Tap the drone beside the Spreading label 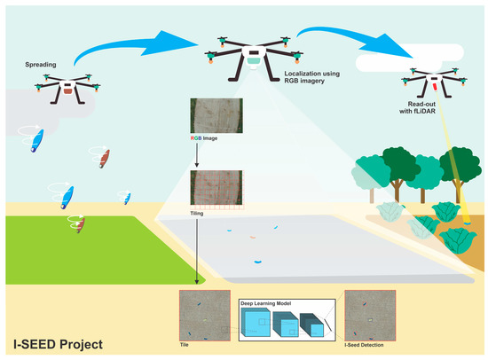tap(67, 86)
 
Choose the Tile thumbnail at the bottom tap(203, 315)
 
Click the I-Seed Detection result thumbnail tap(368, 315)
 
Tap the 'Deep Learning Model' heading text tap(269, 302)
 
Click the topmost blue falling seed tap(37, 140)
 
